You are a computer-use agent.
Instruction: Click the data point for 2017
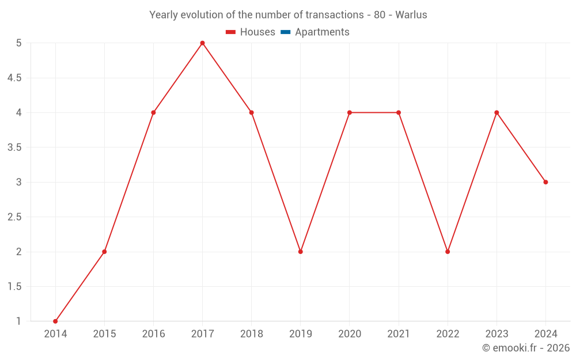pos(202,43)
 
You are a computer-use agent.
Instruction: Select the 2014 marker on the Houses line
pos(55,321)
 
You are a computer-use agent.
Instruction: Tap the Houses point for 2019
pos(301,252)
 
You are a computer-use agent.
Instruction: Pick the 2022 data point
pos(448,252)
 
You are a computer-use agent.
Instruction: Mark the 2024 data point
pos(545,182)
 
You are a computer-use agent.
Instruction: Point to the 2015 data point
pos(104,252)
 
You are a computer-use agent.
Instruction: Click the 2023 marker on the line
pos(497,112)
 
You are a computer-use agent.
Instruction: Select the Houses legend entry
pos(250,32)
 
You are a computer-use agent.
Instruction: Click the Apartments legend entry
pos(321,32)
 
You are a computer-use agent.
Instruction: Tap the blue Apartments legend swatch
pos(286,32)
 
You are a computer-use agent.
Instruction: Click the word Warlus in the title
pos(411,15)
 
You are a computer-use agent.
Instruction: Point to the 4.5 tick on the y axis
pos(14,78)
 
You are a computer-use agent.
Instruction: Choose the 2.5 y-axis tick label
pos(14,217)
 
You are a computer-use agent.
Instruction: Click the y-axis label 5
pos(18,43)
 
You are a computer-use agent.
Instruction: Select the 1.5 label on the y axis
pos(14,287)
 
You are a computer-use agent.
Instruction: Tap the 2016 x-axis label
pos(153,334)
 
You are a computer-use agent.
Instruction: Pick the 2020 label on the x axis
pos(350,334)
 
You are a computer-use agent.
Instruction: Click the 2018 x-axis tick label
pos(251,334)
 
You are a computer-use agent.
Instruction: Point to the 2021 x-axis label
pos(399,334)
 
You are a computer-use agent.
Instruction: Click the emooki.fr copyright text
pos(526,348)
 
